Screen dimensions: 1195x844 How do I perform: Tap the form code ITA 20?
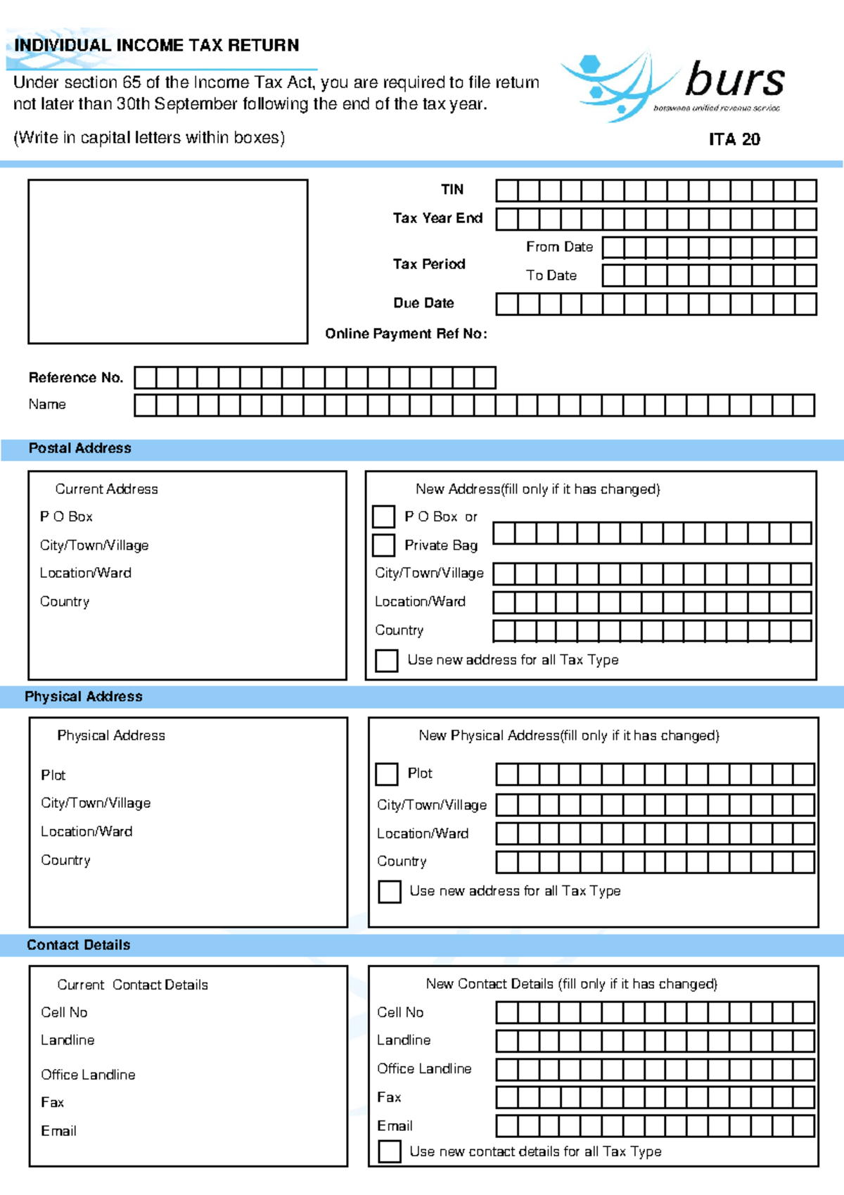pos(734,139)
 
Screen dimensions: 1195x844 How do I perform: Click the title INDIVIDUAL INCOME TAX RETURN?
pos(157,46)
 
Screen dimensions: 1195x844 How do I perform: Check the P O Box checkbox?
pos(383,517)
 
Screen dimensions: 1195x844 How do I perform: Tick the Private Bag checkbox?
pos(383,545)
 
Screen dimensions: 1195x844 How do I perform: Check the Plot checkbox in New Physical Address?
pos(387,774)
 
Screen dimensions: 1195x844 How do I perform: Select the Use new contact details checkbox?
pos(390,1152)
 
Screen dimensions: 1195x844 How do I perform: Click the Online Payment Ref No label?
pos(406,334)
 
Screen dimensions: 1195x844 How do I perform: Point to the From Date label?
pos(559,247)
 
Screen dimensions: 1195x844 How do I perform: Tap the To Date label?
pos(551,276)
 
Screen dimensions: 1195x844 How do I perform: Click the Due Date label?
pos(423,303)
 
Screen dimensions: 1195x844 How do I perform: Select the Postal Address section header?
pos(79,448)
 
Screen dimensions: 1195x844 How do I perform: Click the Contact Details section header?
pos(78,945)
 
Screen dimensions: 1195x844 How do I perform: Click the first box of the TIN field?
pos(507,191)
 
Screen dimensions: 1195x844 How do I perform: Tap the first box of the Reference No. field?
pos(145,378)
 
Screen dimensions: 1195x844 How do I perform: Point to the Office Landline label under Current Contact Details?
pos(88,1075)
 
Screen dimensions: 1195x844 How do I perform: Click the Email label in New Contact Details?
pos(395,1126)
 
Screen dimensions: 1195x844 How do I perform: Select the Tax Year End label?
pos(437,218)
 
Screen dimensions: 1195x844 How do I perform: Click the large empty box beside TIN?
pos(167,262)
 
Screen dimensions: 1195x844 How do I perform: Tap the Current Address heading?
pos(106,489)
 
